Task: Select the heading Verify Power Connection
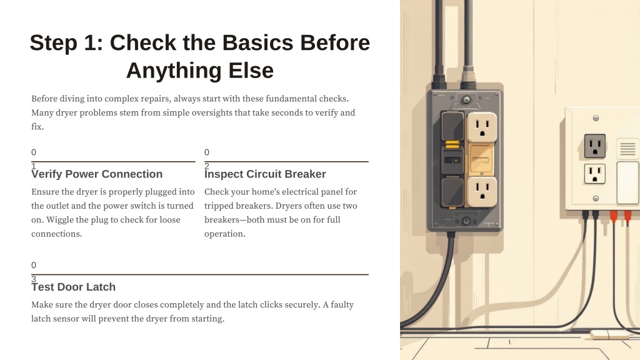pyautogui.click(x=97, y=174)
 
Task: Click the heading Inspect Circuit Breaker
pyautogui.click(x=265, y=174)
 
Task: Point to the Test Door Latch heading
pyautogui.click(x=74, y=287)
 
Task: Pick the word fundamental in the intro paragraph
pyautogui.click(x=289, y=98)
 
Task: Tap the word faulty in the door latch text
pyautogui.click(x=342, y=304)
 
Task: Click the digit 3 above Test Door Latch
pyautogui.click(x=34, y=279)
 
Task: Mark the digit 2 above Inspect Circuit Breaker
pyautogui.click(x=207, y=166)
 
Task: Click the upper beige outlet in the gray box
pyautogui.click(x=482, y=127)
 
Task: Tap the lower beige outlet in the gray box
pyautogui.click(x=482, y=191)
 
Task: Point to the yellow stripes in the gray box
pyautogui.click(x=452, y=144)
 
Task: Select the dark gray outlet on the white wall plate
pyautogui.click(x=595, y=146)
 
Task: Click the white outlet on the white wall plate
pyautogui.click(x=595, y=174)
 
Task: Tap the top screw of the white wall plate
pyautogui.click(x=596, y=118)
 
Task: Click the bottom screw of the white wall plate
pyautogui.click(x=596, y=198)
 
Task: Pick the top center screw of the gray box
pyautogui.click(x=466, y=99)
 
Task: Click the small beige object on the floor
pyautogui.click(x=609, y=334)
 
